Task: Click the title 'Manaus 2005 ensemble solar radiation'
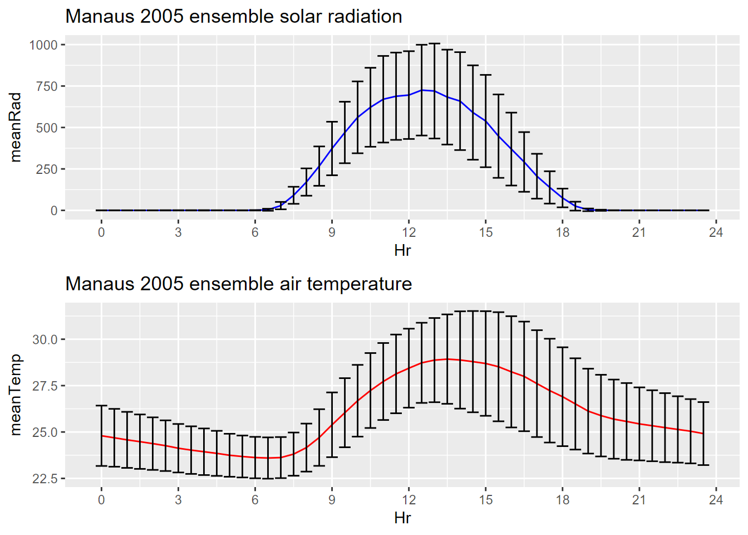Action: [234, 17]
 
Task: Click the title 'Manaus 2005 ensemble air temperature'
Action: [238, 284]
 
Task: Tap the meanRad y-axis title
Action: [16, 128]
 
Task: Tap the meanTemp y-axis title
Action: [16, 395]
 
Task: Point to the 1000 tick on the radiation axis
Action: [43, 45]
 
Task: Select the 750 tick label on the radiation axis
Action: [47, 86]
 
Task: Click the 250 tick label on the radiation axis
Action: [47, 169]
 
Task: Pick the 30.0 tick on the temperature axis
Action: [45, 339]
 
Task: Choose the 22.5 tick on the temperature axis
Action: [45, 479]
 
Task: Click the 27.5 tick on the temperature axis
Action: [45, 386]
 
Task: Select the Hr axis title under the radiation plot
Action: [402, 250]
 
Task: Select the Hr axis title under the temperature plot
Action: [402, 518]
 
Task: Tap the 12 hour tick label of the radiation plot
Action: [409, 232]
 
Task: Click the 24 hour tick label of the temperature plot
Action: [716, 500]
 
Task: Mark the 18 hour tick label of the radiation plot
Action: [563, 232]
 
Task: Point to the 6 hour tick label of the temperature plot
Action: [255, 500]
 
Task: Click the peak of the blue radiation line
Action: [422, 90]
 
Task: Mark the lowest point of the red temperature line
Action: [268, 458]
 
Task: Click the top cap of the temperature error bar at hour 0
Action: [101, 406]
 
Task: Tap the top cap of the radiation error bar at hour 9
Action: [332, 121]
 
